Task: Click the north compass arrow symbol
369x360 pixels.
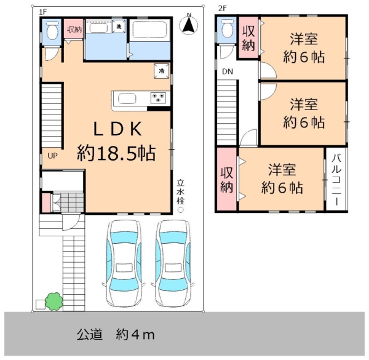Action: [x=189, y=25]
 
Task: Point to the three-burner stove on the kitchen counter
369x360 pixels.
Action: [x=158, y=98]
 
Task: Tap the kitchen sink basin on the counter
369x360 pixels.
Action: [x=127, y=99]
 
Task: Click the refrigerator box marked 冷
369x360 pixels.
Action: [x=161, y=71]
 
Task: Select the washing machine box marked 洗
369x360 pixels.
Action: [x=119, y=26]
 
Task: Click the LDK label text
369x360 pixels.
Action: [x=118, y=129]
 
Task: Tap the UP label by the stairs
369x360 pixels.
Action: [x=52, y=156]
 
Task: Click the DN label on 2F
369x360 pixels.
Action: [x=228, y=71]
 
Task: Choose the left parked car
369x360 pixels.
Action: [x=124, y=264]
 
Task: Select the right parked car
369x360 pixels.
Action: [x=173, y=264]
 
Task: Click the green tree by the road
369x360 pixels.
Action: [x=54, y=302]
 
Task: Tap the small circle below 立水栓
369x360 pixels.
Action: [x=180, y=210]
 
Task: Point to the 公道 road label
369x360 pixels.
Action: [x=90, y=334]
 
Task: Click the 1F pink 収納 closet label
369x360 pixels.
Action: [x=74, y=30]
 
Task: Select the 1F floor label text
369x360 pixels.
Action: [x=43, y=12]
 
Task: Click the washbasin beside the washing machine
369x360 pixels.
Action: [x=99, y=28]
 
